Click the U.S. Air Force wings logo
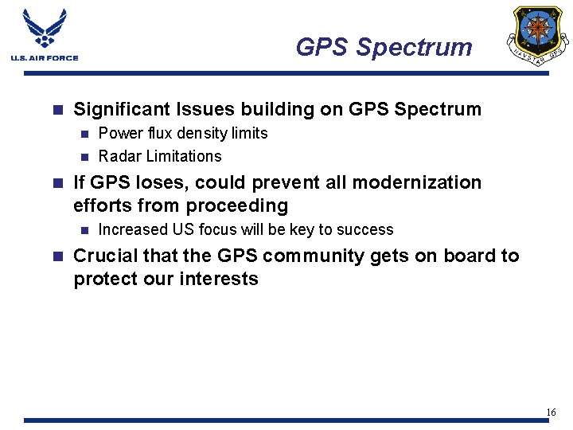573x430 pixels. (45, 30)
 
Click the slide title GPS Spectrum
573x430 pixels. (384, 47)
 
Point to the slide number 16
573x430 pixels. (551, 412)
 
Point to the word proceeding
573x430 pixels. (237, 205)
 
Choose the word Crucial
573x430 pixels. (104, 256)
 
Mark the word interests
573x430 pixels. (224, 279)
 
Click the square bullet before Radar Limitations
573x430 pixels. (86, 157)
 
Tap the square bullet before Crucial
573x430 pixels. (56, 256)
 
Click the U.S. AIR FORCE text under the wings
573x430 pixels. (45, 58)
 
